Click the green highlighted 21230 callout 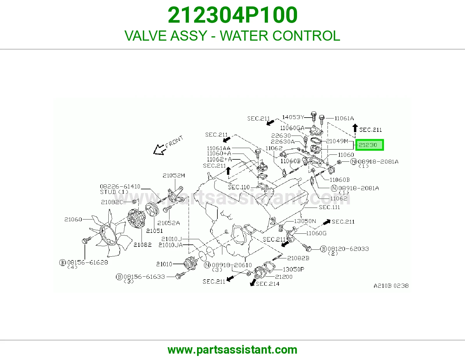pos(369,145)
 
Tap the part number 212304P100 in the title pos(233,15)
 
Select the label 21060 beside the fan pos(73,219)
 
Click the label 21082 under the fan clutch pos(142,244)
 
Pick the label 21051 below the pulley pos(154,231)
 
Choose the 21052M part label pos(174,176)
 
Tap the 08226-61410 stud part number pos(120,186)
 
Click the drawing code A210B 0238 pos(391,286)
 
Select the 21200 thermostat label pos(284,277)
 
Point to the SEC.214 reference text pos(267,284)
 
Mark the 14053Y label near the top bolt pos(293,117)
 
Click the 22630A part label pos(283,141)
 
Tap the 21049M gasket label pos(337,141)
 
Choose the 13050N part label pos(305,221)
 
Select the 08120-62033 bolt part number pos(348,249)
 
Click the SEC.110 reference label pos(239,187)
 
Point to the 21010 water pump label pos(164,264)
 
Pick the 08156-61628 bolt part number pos(87,262)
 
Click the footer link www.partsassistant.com pos(233,350)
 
